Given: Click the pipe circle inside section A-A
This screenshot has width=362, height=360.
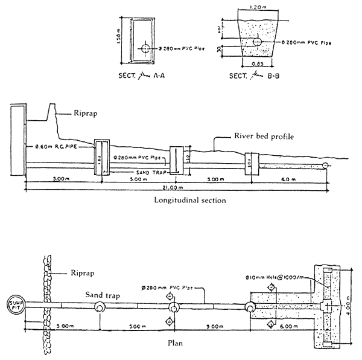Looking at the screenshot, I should point(145,48).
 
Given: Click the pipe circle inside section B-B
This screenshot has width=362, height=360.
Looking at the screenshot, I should point(256,42).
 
